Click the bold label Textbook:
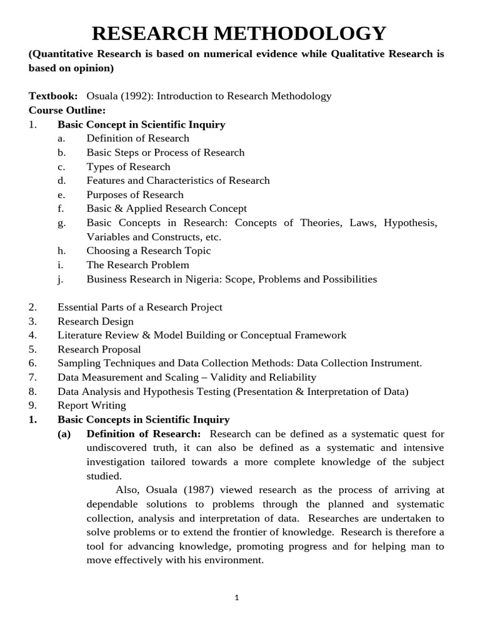click(x=53, y=96)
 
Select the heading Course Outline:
click(x=67, y=110)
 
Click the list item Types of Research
click(x=128, y=166)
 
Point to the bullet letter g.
click(x=61, y=223)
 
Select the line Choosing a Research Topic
click(x=149, y=251)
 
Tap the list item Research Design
click(x=96, y=321)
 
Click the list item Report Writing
click(x=92, y=406)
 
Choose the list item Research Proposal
click(x=99, y=349)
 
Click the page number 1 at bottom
click(x=237, y=597)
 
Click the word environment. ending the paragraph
click(x=233, y=560)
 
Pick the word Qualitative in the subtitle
click(x=356, y=54)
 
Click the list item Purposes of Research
click(x=135, y=194)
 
